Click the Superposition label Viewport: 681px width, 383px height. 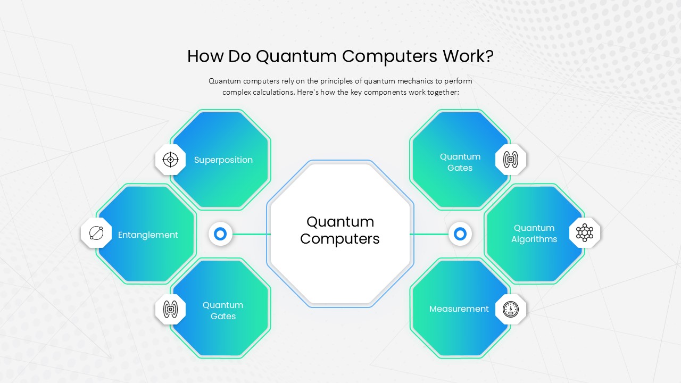[223, 160]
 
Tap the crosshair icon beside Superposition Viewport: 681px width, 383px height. [170, 160]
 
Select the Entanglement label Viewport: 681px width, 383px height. [148, 235]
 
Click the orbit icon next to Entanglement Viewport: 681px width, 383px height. [96, 233]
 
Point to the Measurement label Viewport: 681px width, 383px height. [459, 309]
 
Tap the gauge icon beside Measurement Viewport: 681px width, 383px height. [510, 309]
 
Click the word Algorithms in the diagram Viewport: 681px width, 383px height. [534, 239]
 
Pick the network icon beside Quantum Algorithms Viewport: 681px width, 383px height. [585, 233]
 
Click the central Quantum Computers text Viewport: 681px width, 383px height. [340, 230]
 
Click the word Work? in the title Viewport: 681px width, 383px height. [468, 56]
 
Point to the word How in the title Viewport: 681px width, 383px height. [205, 56]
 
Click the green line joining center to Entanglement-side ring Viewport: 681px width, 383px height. [252, 234]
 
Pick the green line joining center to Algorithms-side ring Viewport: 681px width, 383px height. [429, 234]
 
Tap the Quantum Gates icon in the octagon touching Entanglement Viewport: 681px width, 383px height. [170, 310]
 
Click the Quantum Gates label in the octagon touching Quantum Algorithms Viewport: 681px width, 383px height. [460, 162]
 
